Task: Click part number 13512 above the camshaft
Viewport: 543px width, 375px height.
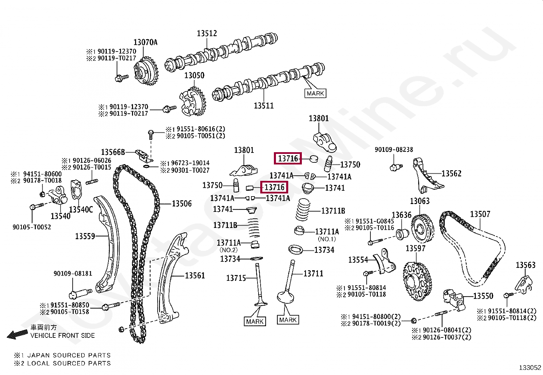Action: (x=207, y=33)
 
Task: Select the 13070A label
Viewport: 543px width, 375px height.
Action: (x=145, y=42)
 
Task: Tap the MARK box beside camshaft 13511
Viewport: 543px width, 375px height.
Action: (x=315, y=93)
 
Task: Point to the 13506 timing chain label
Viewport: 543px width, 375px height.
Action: (x=182, y=204)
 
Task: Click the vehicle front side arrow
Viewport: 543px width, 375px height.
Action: (x=17, y=335)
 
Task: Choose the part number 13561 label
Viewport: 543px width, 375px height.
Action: (x=195, y=275)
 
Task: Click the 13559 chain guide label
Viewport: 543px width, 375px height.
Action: (x=85, y=236)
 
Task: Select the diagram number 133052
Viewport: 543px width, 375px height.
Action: (x=530, y=367)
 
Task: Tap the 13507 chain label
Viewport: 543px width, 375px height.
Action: (x=480, y=214)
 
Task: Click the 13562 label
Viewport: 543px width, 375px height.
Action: (x=451, y=174)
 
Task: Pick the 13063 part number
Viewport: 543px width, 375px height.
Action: (x=420, y=201)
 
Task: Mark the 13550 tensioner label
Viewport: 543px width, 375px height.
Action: (x=483, y=296)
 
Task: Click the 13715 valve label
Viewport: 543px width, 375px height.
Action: (x=236, y=278)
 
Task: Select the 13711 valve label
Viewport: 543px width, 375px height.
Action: (x=313, y=273)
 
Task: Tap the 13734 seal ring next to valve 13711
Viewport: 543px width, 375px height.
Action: (x=295, y=249)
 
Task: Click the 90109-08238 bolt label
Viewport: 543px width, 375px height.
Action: (x=394, y=149)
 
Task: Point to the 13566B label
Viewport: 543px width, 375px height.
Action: (x=113, y=152)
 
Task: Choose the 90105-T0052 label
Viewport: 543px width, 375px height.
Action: (x=32, y=227)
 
